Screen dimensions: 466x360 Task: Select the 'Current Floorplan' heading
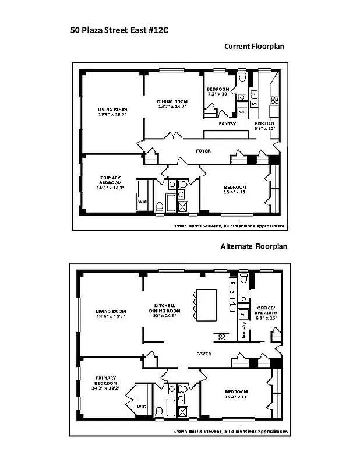255,47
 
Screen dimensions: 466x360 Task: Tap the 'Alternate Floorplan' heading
253,246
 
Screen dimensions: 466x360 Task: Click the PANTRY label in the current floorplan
227,123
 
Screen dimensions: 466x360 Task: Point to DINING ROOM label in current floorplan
172,104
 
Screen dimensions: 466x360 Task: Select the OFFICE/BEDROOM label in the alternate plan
267,310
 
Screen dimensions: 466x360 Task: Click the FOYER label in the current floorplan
203,151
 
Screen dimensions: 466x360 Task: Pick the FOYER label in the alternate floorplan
203,354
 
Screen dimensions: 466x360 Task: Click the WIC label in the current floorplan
142,202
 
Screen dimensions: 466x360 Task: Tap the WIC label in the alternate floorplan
142,407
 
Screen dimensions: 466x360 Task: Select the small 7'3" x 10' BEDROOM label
218,91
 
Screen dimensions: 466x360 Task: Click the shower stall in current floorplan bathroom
182,206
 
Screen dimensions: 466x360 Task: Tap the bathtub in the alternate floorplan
171,408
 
